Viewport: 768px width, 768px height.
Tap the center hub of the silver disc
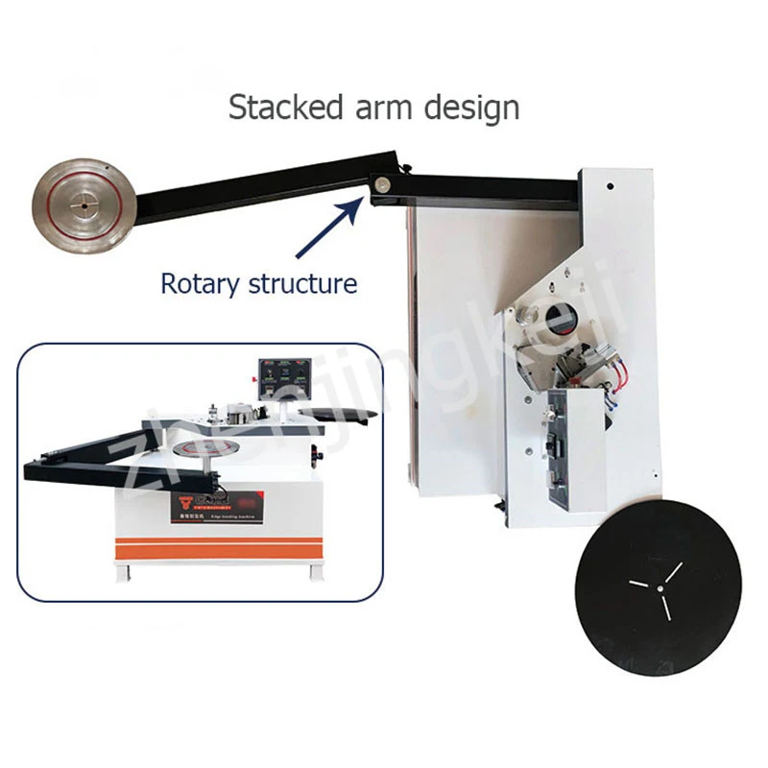(85, 203)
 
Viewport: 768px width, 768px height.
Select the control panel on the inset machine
(285, 378)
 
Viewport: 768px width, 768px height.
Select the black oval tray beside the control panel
(337, 411)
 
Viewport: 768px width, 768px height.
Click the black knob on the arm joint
(407, 169)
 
